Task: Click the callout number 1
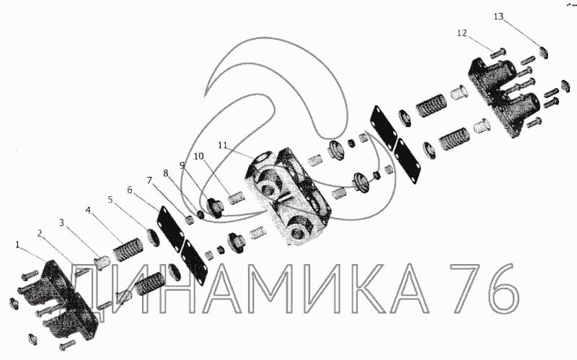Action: click(17, 245)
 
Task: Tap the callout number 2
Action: click(40, 233)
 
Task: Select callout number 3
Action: click(61, 223)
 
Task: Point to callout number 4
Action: click(87, 210)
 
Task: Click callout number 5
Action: click(110, 200)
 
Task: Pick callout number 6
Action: click(130, 190)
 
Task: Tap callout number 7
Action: click(149, 180)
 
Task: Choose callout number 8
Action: click(166, 173)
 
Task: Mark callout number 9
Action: click(182, 165)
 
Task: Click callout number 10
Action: click(199, 157)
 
